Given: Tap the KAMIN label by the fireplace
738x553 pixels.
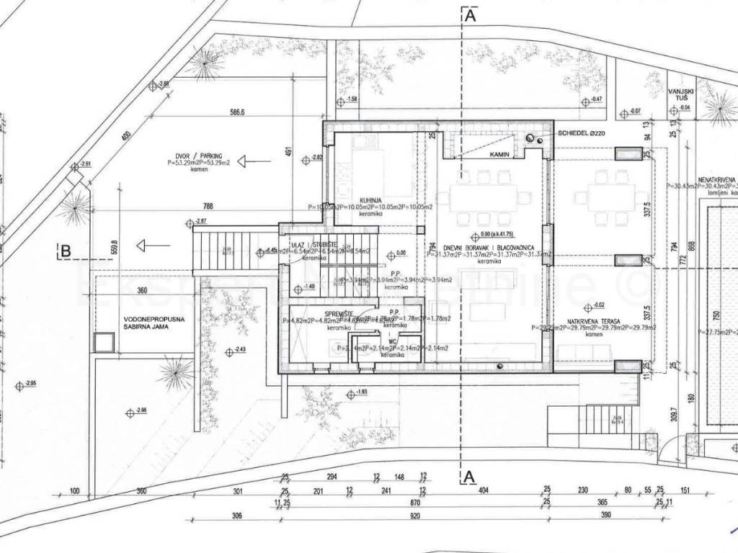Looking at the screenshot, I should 500,155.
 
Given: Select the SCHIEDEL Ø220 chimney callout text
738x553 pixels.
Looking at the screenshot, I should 582,133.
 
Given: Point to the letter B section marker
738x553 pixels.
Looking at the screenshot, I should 66,251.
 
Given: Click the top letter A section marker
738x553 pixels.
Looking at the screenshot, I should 470,15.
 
